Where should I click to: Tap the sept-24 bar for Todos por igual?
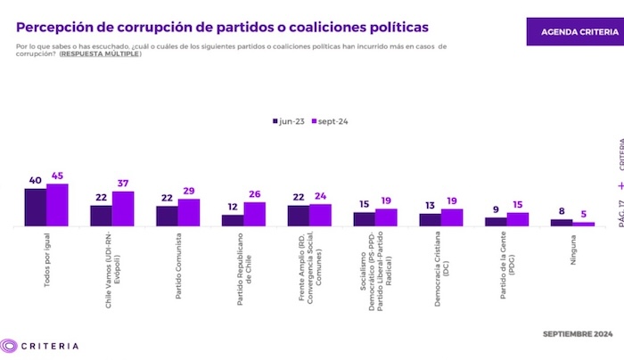58,205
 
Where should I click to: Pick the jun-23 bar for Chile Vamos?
101,216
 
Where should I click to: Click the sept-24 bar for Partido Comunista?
189,212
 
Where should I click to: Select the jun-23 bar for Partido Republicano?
233,220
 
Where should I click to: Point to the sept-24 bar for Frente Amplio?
320,215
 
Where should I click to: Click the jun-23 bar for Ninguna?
561,223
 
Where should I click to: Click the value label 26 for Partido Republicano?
254,195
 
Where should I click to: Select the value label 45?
58,176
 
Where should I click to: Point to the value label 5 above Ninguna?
583,215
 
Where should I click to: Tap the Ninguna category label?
573,250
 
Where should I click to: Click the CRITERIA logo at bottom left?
40,346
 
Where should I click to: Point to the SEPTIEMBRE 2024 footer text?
578,333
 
